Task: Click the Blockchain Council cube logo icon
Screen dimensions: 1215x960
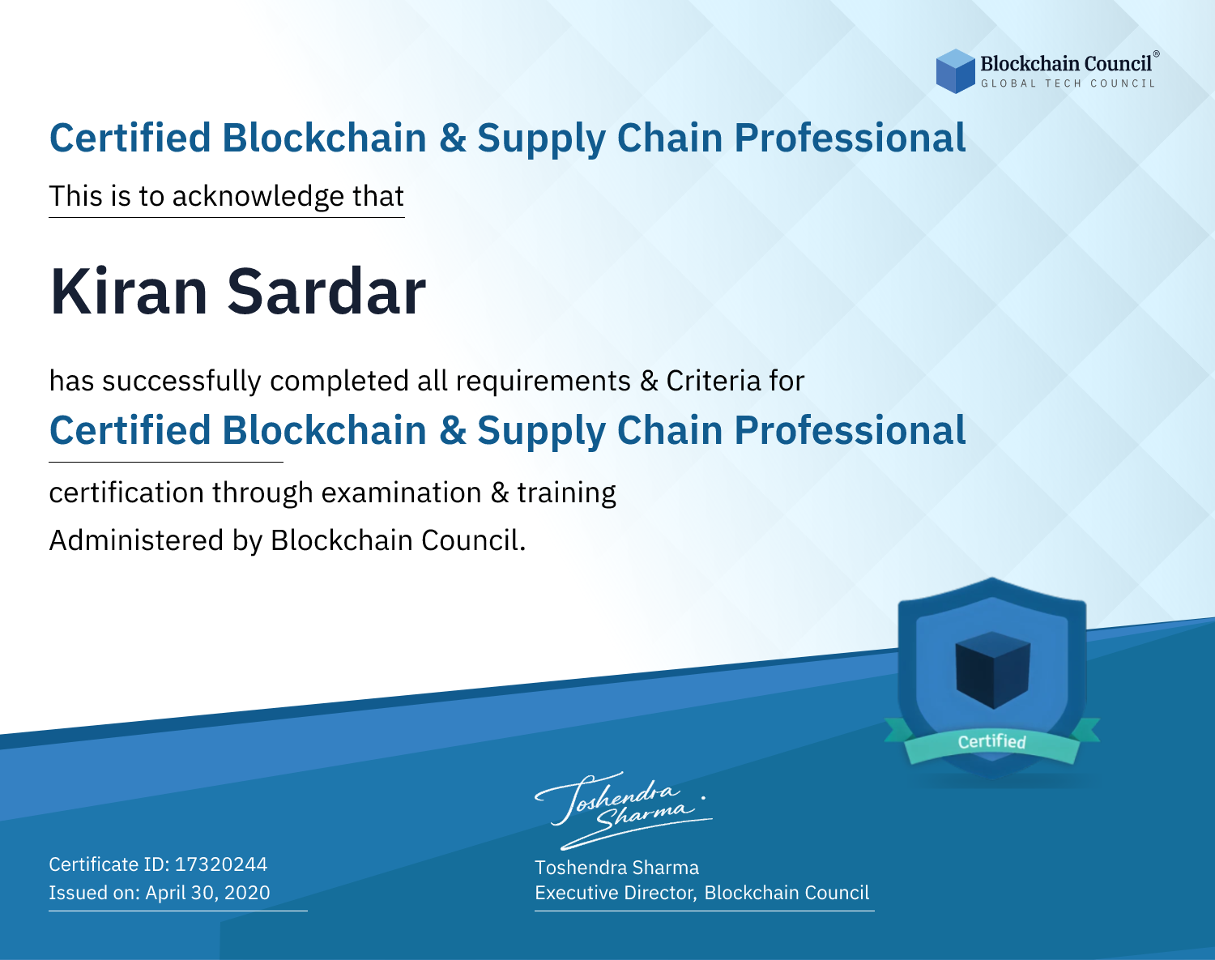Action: point(955,71)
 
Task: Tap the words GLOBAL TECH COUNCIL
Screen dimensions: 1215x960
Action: point(1068,83)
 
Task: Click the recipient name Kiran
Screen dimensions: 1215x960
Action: point(129,292)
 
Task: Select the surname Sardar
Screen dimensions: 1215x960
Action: point(326,292)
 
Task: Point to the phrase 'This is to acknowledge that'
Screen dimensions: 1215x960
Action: point(227,197)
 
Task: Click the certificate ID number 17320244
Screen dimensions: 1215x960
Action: point(221,864)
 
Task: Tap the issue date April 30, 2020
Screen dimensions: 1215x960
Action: point(207,892)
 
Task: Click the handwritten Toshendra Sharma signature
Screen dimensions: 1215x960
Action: point(624,810)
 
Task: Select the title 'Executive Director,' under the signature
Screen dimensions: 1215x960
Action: point(616,893)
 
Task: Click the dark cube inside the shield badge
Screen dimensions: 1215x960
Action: point(992,670)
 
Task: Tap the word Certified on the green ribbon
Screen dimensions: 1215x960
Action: point(992,741)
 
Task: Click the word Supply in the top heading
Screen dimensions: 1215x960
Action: point(541,139)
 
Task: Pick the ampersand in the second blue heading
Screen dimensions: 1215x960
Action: point(452,430)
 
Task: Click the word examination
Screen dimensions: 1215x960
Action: point(401,493)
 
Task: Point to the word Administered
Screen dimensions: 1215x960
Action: point(136,540)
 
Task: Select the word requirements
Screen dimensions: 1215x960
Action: point(544,382)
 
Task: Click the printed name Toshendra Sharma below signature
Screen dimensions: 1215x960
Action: point(616,868)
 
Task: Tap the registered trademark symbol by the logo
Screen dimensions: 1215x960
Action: point(1157,53)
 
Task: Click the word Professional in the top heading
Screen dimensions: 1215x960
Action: point(850,138)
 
